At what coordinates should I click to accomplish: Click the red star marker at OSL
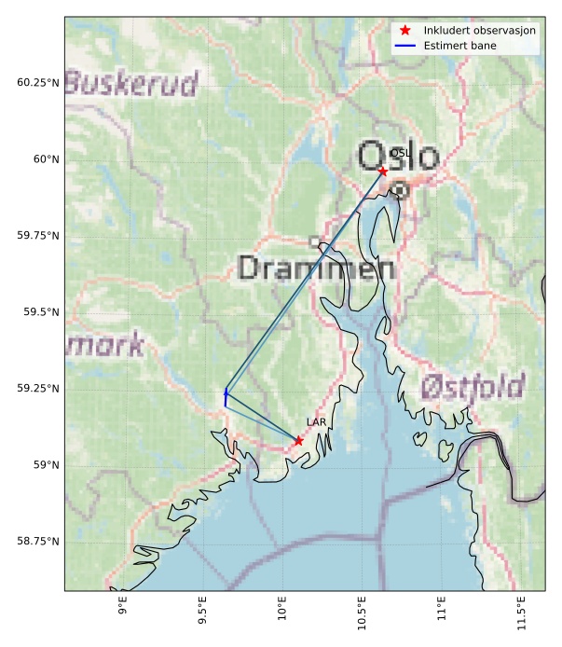point(383,172)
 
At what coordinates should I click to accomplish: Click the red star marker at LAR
point(298,440)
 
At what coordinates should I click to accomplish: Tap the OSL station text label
point(400,153)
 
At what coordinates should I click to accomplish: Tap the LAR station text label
point(316,422)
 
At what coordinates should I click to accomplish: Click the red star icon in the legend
point(405,30)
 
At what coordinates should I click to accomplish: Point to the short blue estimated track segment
point(226,397)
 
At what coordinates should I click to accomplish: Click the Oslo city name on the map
point(397,156)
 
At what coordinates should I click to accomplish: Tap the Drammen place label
point(316,268)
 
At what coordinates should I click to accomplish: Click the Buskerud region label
point(131,84)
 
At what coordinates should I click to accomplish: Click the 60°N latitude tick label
point(45,158)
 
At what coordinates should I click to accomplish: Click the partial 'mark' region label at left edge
point(104,345)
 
